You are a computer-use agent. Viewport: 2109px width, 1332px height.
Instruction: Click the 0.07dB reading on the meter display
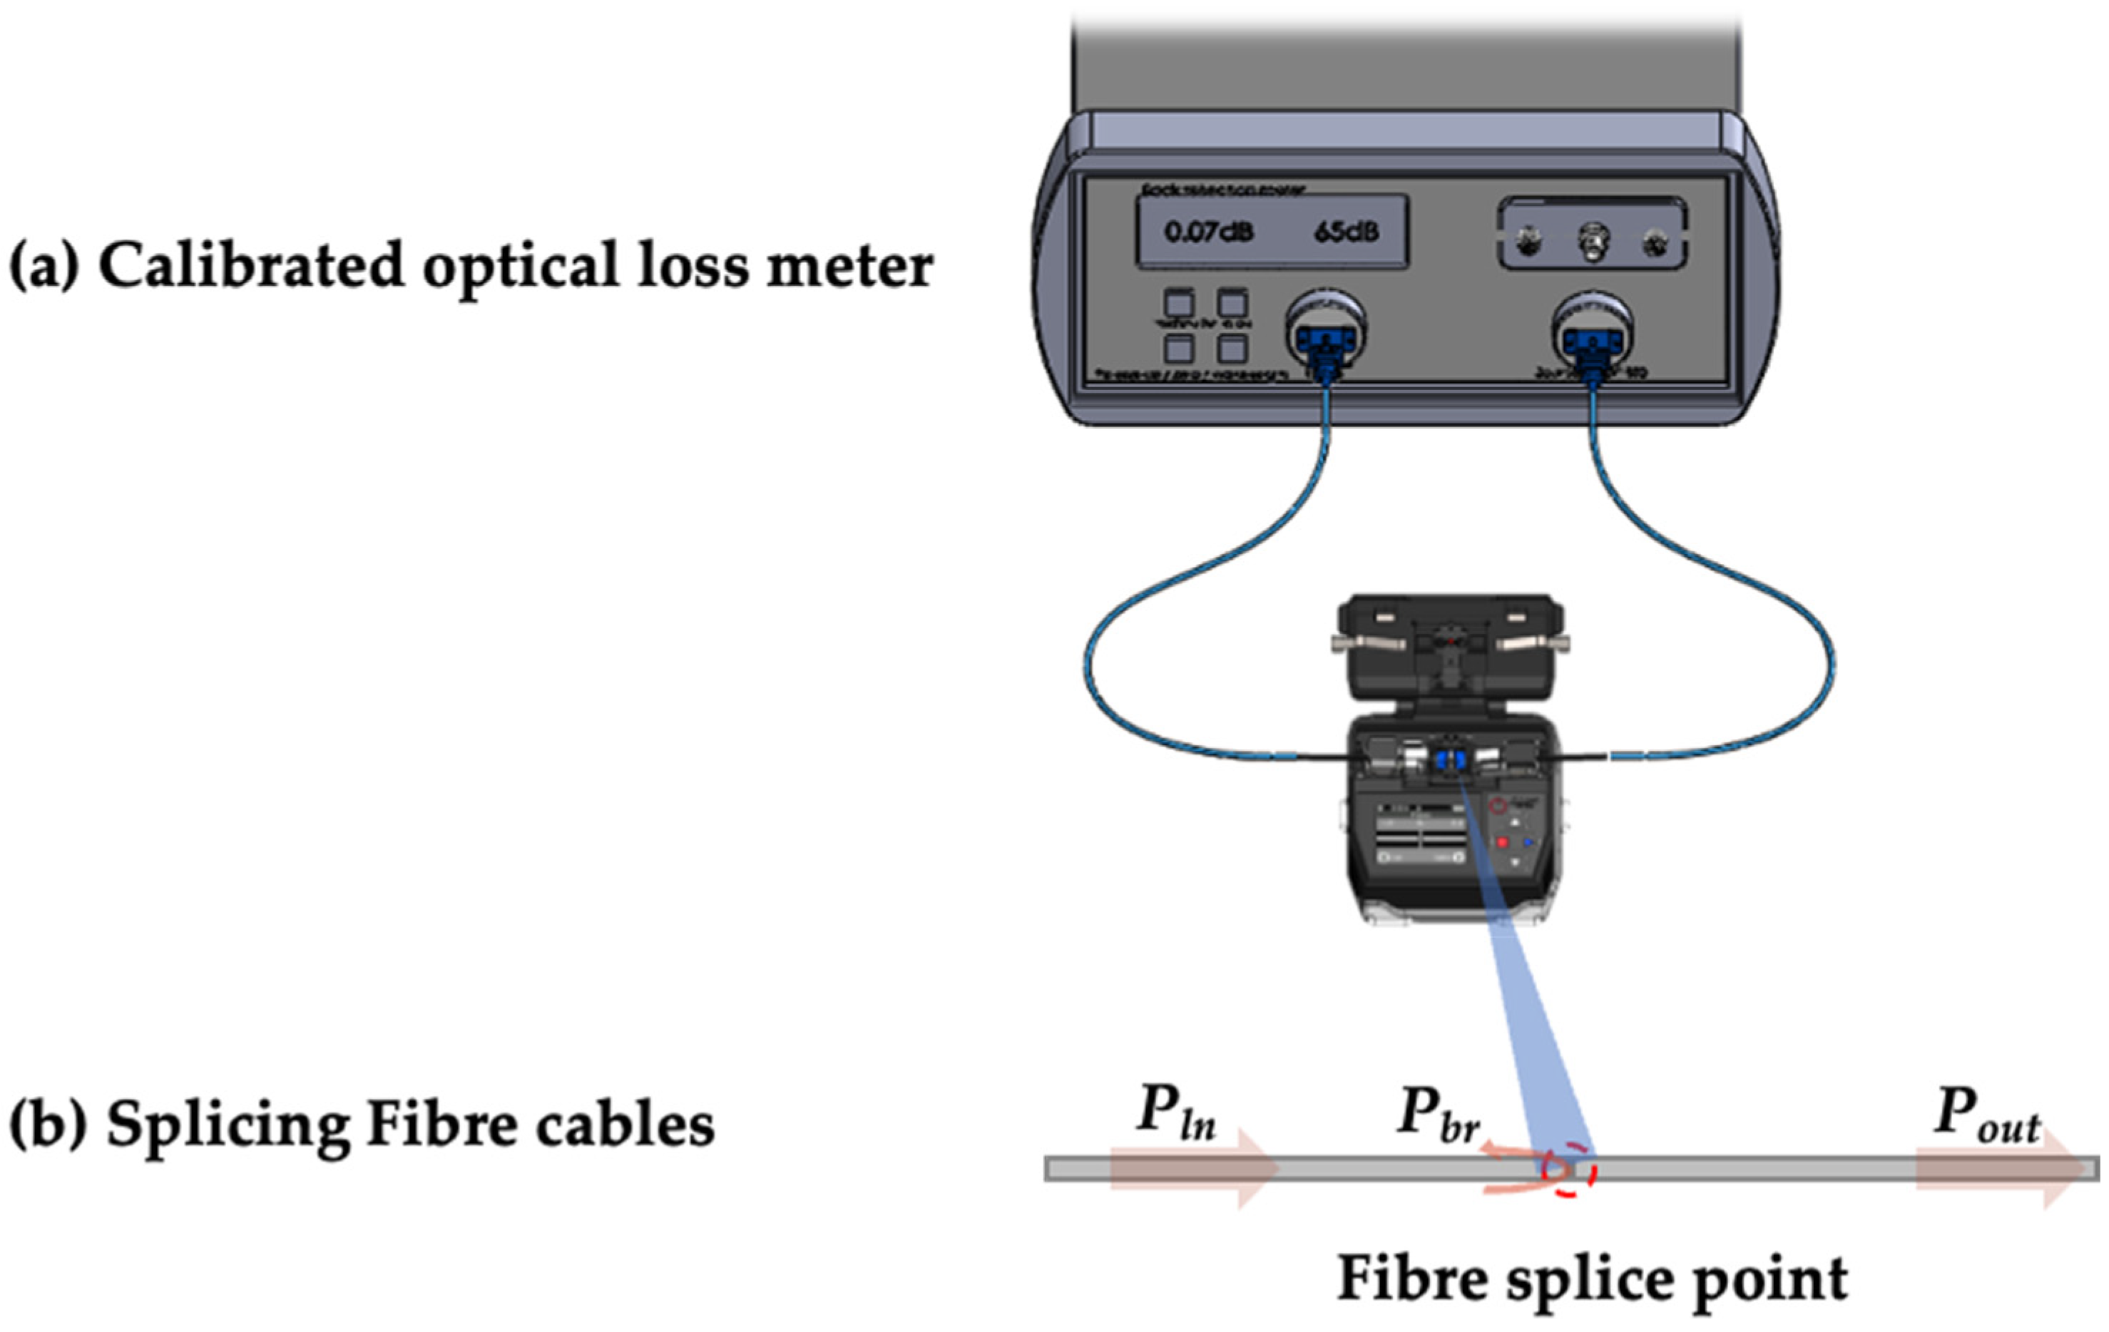(1209, 232)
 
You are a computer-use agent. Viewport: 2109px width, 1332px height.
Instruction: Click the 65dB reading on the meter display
(1346, 232)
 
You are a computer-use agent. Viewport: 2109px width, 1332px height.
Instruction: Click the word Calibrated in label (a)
(251, 265)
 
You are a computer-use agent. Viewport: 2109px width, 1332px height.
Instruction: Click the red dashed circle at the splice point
(1570, 1169)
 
